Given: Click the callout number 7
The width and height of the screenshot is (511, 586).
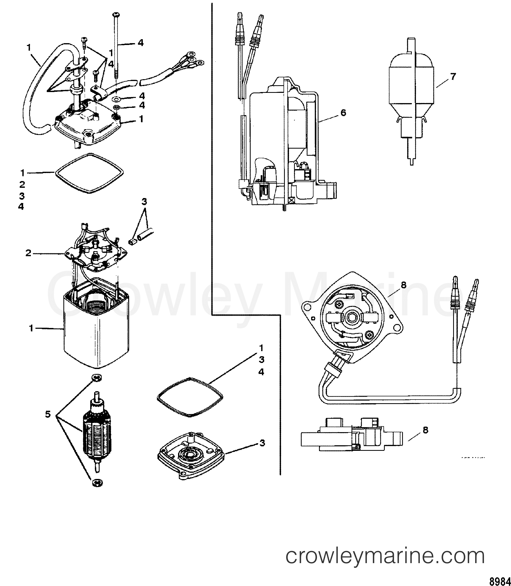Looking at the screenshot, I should [x=453, y=77].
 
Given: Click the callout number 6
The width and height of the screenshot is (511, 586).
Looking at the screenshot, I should [x=343, y=113].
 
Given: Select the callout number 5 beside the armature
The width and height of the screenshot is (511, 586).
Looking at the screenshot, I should [x=48, y=414].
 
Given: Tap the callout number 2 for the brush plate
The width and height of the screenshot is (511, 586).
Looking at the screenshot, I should [x=28, y=253].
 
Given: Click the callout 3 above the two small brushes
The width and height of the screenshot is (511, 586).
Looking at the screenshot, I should [x=144, y=202].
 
